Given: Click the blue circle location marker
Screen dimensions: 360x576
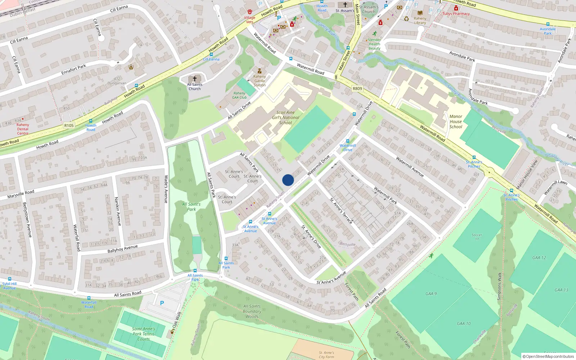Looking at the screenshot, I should (x=288, y=180).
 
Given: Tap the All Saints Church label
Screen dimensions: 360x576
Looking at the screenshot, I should (x=195, y=87).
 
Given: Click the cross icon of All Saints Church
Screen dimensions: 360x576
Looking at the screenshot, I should (x=195, y=78).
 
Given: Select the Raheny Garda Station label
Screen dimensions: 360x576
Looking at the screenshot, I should (x=260, y=81).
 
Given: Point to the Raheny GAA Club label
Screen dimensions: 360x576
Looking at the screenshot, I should (x=239, y=95).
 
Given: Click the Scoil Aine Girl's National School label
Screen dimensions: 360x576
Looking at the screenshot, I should (x=285, y=118).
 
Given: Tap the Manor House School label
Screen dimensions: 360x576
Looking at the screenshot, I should (x=456, y=122).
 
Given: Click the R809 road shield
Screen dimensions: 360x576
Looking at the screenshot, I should (x=357, y=89).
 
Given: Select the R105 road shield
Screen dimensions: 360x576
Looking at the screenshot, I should (x=69, y=126).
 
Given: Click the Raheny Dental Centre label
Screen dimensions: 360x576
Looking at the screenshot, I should (x=23, y=129).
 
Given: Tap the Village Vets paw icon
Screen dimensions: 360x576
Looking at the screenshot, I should (x=250, y=12).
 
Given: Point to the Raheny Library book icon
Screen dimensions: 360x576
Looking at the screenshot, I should (x=420, y=13).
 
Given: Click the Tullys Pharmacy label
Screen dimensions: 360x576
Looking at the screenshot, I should (x=456, y=14).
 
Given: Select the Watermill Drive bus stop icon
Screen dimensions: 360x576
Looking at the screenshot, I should (x=348, y=141).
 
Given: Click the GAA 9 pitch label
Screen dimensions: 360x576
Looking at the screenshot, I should (x=431, y=294).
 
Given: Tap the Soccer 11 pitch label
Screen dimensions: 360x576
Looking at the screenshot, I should (x=477, y=237).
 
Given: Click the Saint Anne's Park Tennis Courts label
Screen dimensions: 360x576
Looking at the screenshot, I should (x=143, y=334).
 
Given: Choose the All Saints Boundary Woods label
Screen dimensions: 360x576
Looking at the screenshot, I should (x=252, y=311).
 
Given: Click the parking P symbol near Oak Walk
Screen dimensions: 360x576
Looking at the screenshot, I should (x=162, y=303).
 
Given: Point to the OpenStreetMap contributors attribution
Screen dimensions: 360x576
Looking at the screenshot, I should (x=548, y=356).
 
